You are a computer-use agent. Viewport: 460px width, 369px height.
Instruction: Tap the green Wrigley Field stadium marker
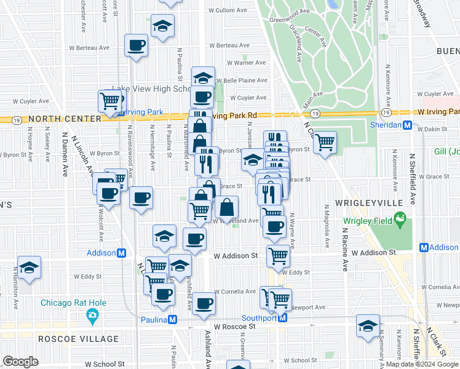(x=401, y=218)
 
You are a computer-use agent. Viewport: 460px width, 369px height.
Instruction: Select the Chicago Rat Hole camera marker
(x=93, y=317)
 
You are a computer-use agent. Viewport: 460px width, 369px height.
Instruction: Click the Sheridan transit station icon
(x=406, y=125)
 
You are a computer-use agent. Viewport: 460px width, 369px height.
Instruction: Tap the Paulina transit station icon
(x=173, y=320)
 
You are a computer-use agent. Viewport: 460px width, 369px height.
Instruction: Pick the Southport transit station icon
(x=283, y=318)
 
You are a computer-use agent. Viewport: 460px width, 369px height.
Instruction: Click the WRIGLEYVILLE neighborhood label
(x=368, y=202)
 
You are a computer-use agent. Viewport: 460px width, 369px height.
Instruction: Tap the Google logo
(x=20, y=362)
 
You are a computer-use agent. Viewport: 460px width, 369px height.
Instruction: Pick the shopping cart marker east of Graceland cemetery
(x=325, y=142)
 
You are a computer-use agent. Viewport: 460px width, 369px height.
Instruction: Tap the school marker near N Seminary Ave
(x=368, y=325)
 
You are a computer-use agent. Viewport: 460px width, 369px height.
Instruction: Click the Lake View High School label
(x=151, y=89)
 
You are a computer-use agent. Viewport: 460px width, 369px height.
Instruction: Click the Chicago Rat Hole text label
(x=73, y=303)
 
